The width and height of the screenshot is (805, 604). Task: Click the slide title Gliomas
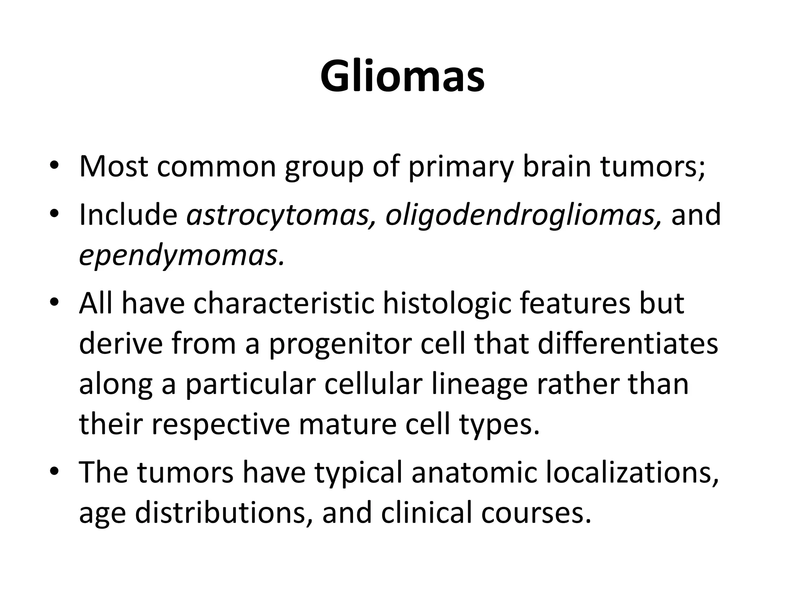[x=402, y=77]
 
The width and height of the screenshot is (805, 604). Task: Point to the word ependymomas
[x=181, y=256]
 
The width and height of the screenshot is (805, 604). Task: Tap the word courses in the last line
[x=536, y=514]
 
